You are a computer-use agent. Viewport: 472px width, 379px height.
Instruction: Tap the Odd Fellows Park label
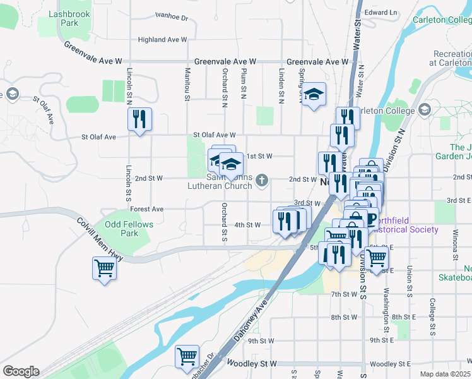pos(121,229)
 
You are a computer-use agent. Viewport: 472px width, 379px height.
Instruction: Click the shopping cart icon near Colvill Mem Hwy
pos(104,268)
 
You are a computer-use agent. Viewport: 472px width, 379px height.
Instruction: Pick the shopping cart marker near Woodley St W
pos(187,356)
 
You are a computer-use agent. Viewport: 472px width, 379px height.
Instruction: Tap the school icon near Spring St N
pos(313,95)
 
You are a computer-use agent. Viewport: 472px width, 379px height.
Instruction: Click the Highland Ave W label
pos(162,39)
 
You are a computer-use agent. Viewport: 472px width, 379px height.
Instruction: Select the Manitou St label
pos(187,85)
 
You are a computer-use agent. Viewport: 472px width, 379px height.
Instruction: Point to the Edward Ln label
pos(381,12)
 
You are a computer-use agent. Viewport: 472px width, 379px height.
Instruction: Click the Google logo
pos(21,371)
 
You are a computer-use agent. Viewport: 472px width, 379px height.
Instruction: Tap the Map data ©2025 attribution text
pos(445,374)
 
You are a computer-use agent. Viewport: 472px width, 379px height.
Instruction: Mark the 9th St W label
pos(261,340)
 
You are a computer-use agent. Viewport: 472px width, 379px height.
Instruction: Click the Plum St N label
pos(243,85)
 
